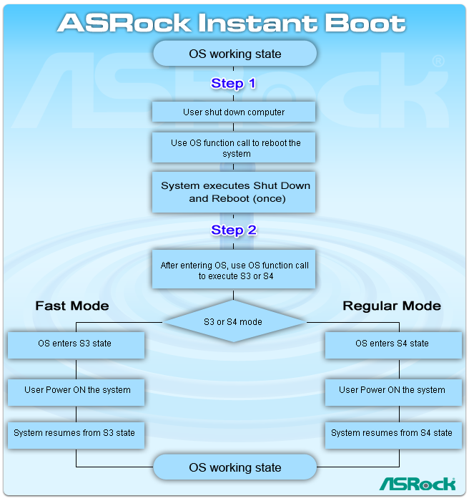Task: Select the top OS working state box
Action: (234, 54)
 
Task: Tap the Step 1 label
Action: (233, 84)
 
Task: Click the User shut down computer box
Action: (234, 112)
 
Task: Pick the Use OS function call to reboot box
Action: (234, 147)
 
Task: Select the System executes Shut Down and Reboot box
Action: (234, 191)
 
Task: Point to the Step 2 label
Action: (233, 230)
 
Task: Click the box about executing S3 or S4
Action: (234, 270)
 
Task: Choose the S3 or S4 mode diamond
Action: (233, 322)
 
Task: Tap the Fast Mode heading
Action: (72, 306)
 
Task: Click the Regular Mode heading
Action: (392, 306)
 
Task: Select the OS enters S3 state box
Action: (75, 344)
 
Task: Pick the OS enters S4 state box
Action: (393, 344)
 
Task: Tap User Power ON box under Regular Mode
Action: (393, 391)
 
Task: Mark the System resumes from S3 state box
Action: (74, 433)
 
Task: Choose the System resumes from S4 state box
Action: (393, 433)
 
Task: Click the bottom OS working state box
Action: (234, 467)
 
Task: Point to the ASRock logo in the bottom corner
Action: (417, 484)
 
